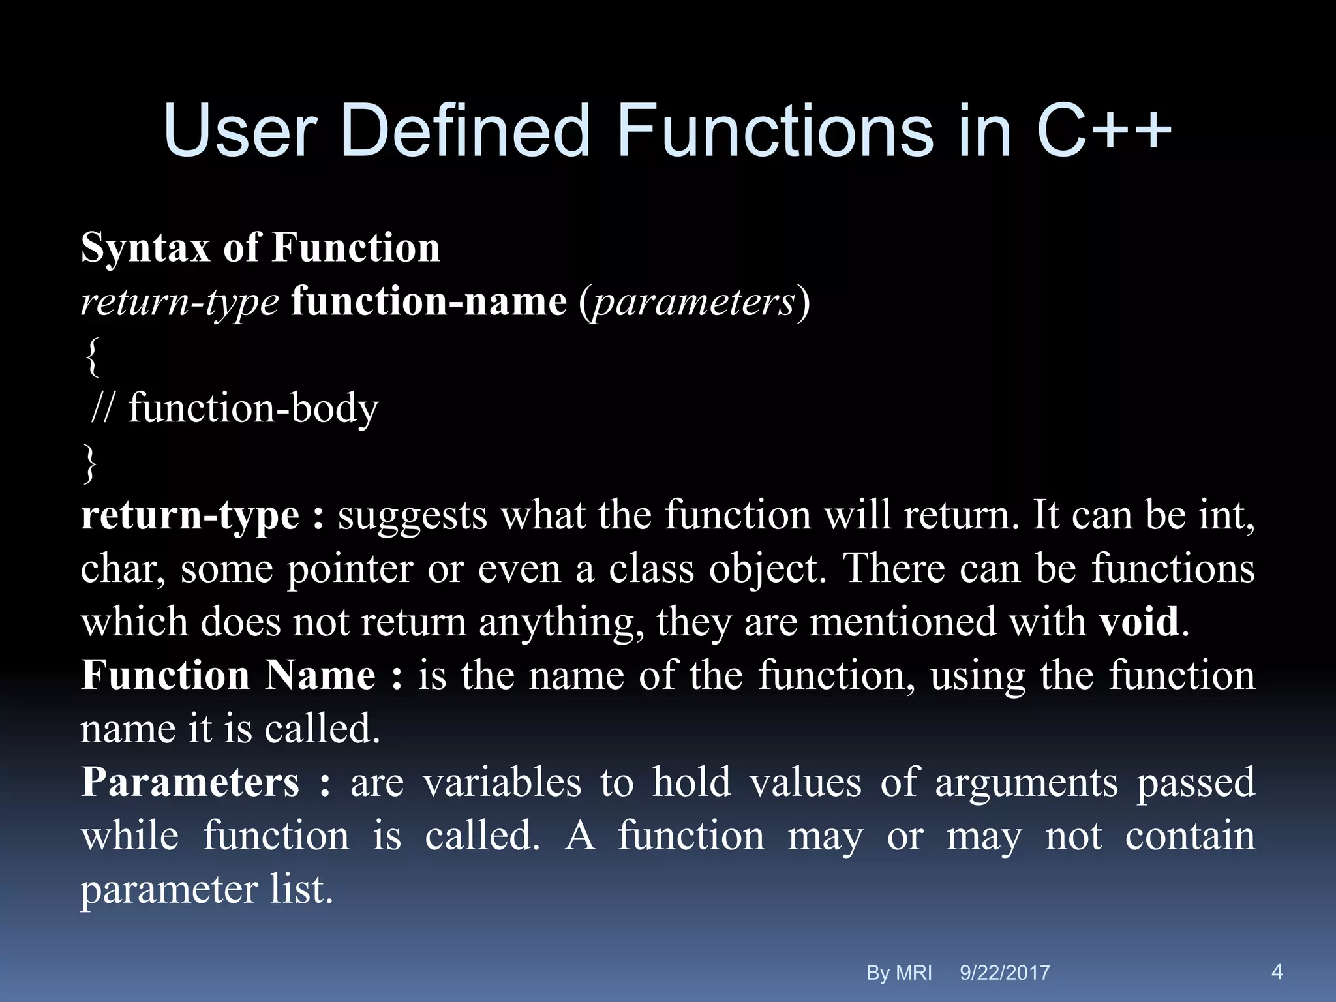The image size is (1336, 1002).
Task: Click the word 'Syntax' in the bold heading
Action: (145, 249)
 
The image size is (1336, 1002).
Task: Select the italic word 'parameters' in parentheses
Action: (693, 302)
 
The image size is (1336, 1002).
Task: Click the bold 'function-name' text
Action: (429, 302)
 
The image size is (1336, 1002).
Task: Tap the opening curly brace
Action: (92, 356)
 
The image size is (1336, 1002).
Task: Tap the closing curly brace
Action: (91, 463)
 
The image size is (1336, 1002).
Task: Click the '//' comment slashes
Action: (102, 408)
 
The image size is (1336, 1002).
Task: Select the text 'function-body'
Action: (253, 410)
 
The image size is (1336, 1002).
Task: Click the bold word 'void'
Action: (1139, 622)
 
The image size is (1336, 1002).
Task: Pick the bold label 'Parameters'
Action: (190, 782)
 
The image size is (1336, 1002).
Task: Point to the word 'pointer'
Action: (350, 569)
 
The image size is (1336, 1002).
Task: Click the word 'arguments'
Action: (1026, 782)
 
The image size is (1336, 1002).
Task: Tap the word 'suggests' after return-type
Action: (412, 516)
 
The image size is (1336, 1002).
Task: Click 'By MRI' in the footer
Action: (898, 973)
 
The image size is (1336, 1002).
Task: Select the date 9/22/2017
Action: (1005, 973)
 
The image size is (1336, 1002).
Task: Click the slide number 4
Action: (1277, 971)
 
